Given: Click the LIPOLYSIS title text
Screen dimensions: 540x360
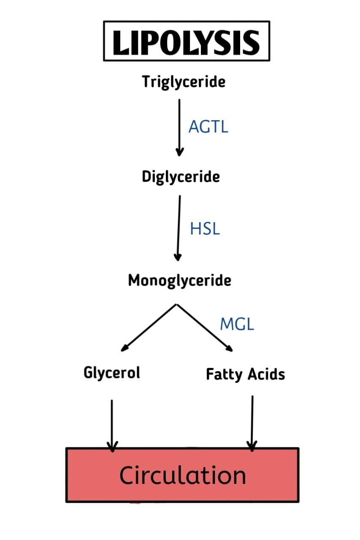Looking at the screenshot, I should (x=186, y=43).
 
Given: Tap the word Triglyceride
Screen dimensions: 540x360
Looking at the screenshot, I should (x=184, y=81).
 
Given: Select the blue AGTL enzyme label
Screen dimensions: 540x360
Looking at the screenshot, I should (x=208, y=127).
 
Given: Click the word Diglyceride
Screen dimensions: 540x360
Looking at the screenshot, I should (x=181, y=176).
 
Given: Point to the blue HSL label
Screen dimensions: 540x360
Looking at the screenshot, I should (x=205, y=229).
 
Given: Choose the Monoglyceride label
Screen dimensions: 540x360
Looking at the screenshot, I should (x=179, y=280).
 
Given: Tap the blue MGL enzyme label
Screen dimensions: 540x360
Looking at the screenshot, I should (x=237, y=324).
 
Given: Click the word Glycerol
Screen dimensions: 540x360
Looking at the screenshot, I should (x=112, y=373).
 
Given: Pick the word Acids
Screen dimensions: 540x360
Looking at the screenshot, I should (x=266, y=374).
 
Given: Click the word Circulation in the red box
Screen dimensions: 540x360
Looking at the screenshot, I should (x=182, y=475).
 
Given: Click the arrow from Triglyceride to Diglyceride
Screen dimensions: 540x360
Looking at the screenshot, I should (x=179, y=127).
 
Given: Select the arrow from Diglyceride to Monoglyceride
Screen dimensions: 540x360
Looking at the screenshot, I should (x=179, y=228).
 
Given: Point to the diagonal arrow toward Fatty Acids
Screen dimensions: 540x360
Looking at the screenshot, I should (x=204, y=328).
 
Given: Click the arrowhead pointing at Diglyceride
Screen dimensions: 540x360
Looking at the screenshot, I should (x=179, y=152).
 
